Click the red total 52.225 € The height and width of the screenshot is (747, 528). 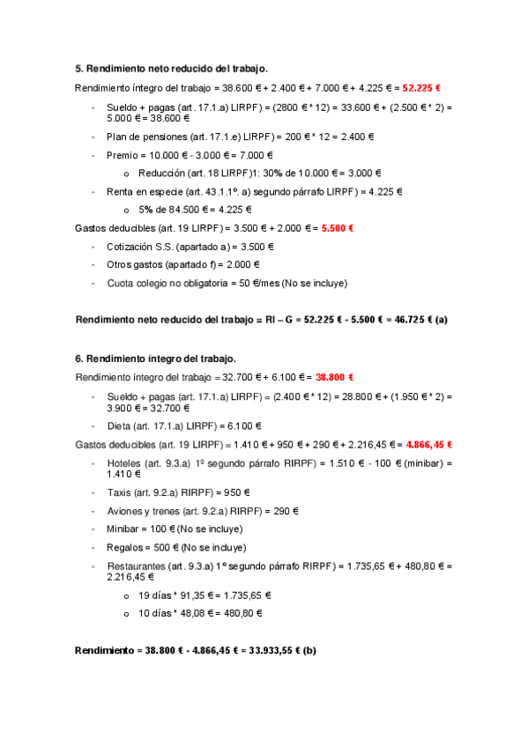[421, 88]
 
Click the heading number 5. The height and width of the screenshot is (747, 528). [78, 69]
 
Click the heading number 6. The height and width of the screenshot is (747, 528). [78, 359]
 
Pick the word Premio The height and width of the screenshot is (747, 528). [123, 155]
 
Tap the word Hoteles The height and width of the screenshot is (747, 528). [126, 462]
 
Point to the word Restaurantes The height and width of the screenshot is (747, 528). [137, 566]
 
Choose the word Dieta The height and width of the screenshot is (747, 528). [120, 425]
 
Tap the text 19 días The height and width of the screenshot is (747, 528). [155, 595]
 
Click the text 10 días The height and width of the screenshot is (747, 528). [155, 613]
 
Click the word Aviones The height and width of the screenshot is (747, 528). [126, 511]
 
